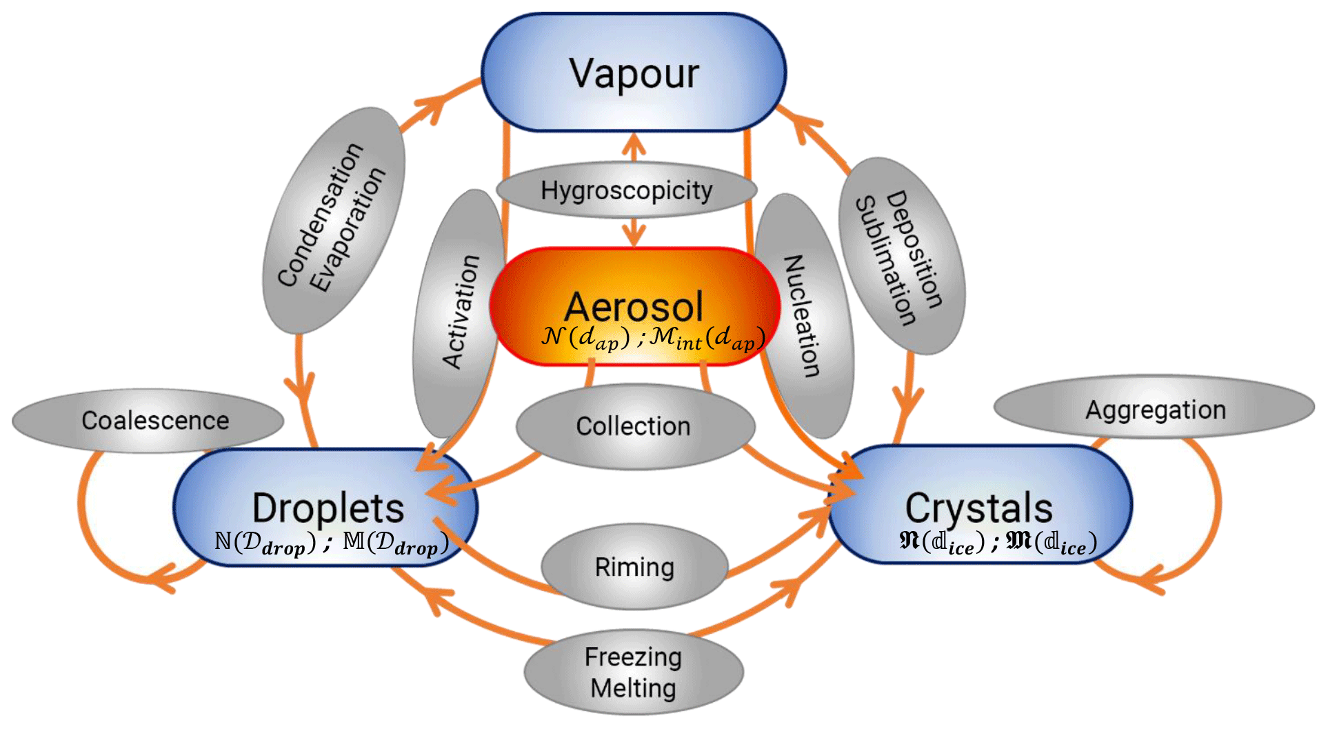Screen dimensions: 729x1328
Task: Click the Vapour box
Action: [x=633, y=72]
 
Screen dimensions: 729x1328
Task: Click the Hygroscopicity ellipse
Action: [x=626, y=190]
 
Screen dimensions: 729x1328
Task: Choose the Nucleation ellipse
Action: [x=804, y=316]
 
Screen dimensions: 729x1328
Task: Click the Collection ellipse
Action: [x=634, y=426]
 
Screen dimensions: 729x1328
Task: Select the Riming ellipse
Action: [x=634, y=567]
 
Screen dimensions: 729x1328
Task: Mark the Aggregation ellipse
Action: [x=1155, y=409]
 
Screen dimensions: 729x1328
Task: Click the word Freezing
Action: [x=633, y=657]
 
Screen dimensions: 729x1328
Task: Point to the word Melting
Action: [x=633, y=688]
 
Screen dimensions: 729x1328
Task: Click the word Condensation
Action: [x=320, y=214]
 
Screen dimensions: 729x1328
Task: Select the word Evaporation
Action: [x=347, y=230]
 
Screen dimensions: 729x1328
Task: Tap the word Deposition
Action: [x=914, y=248]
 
